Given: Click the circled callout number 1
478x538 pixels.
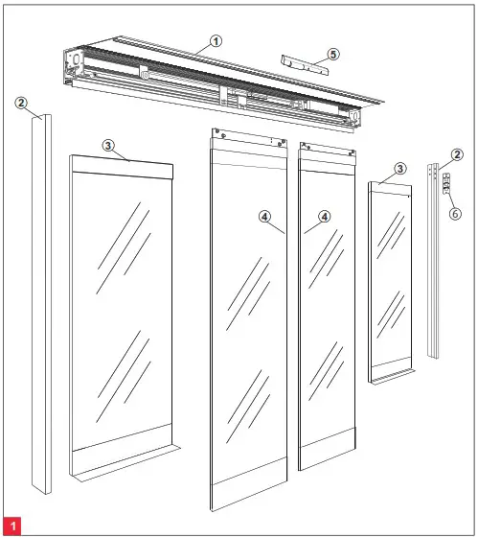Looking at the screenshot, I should pyautogui.click(x=216, y=41).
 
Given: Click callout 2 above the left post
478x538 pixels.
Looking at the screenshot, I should pyautogui.click(x=22, y=104).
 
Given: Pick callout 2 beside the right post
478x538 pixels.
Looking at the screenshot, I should pyautogui.click(x=457, y=154).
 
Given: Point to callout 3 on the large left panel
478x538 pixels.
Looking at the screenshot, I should pyautogui.click(x=108, y=145).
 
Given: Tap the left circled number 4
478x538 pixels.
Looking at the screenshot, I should pyautogui.click(x=264, y=217).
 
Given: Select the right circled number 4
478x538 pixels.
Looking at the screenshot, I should pyautogui.click(x=325, y=217).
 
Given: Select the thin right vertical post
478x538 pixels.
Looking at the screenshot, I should pyautogui.click(x=433, y=269).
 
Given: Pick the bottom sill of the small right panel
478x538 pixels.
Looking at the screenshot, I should pyautogui.click(x=392, y=372).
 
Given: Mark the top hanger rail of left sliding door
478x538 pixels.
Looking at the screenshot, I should pyautogui.click(x=248, y=147).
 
